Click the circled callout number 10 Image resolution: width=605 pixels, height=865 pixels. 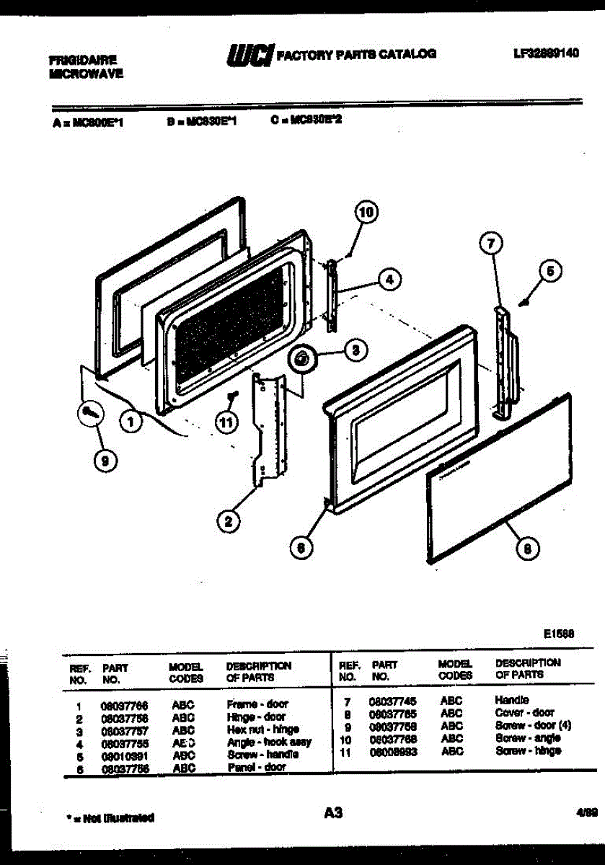367,212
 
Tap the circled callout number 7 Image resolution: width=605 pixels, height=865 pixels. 490,244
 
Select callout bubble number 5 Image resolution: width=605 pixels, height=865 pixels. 549,272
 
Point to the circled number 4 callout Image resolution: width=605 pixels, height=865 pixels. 389,280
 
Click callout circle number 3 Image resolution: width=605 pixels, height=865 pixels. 355,350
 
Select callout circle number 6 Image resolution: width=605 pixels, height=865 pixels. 301,548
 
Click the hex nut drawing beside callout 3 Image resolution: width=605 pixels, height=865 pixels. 302,358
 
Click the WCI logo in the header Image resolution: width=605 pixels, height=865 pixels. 249,55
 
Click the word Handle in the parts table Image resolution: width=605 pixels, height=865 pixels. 512,699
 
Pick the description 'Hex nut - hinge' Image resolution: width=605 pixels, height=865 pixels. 262,729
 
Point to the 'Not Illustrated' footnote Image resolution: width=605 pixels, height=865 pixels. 110,818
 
